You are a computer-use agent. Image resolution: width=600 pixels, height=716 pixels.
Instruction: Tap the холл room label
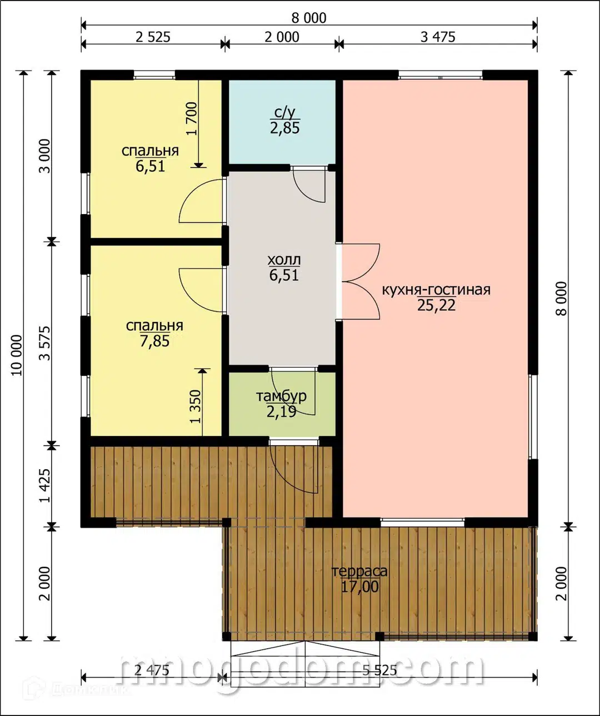coord(284,260)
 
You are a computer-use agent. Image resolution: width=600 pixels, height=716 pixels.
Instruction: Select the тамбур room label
coord(281,396)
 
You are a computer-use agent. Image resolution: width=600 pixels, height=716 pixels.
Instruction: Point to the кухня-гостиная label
coord(436,290)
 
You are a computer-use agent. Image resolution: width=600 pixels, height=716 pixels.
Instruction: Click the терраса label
coord(360,571)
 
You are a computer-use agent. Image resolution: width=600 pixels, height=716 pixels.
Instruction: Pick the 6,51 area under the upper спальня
coord(151,167)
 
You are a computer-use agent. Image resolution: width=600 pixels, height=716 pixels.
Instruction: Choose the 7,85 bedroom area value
coord(154,341)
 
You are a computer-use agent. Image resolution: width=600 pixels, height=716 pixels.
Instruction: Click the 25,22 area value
coord(436,305)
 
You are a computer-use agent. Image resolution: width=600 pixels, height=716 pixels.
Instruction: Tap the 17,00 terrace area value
coord(360,586)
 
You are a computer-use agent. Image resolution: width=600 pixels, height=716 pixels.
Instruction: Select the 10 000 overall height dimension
coord(17,355)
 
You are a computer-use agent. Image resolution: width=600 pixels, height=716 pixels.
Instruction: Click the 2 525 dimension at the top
coord(152,37)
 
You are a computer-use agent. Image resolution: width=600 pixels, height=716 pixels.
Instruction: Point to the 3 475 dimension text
coord(438,37)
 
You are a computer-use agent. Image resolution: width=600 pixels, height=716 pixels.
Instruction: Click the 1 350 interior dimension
coord(196,406)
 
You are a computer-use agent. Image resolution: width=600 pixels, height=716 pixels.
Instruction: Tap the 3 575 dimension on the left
coord(44,343)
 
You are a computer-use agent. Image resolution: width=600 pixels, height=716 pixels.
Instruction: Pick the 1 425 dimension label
coord(44,485)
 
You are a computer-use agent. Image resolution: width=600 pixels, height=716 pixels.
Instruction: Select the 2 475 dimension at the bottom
coord(152,669)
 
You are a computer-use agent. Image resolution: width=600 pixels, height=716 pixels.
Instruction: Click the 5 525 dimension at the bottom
coord(379,669)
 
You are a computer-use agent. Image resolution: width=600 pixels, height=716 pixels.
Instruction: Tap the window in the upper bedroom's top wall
coord(154,75)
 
